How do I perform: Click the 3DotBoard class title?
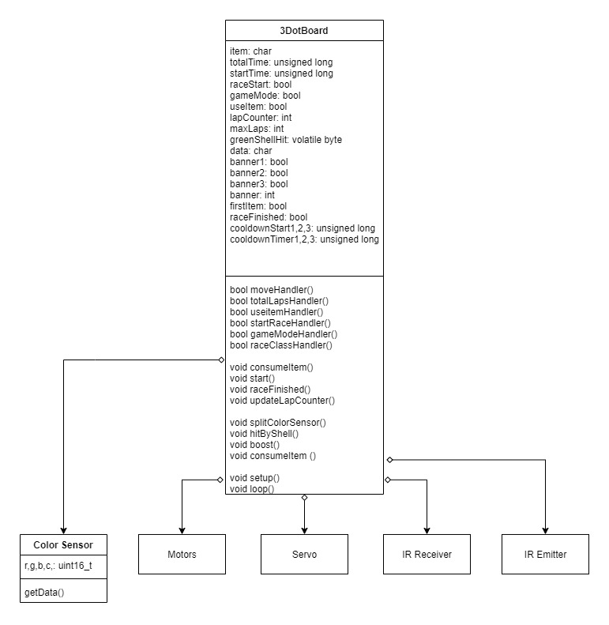click(303, 31)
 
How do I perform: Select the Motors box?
click(182, 554)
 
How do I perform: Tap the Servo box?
click(304, 554)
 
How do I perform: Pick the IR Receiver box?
click(427, 554)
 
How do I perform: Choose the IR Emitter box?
click(545, 554)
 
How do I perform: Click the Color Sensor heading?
click(63, 545)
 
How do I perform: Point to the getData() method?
click(44, 593)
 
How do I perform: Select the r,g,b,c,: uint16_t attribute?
click(58, 566)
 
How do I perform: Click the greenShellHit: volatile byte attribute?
click(286, 140)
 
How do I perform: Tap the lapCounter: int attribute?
click(261, 118)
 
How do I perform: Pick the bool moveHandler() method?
click(272, 290)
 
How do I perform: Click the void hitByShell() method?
click(265, 434)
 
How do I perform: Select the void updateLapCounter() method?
click(282, 400)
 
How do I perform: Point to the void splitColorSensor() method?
click(278, 423)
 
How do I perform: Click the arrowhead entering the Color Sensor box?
click(63, 531)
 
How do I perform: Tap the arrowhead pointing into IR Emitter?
click(545, 531)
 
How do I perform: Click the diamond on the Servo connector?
click(305, 498)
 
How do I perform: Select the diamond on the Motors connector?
click(220, 480)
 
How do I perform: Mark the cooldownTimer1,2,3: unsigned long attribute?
click(304, 239)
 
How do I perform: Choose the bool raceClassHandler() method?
click(281, 345)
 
